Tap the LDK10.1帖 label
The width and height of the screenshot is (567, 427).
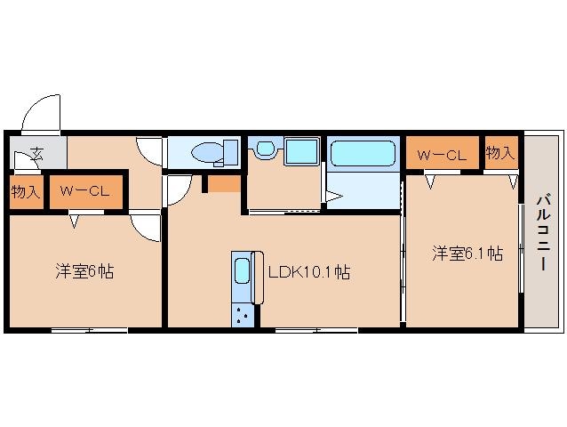pos(308,272)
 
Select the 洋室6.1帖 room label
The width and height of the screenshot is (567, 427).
pos(467,254)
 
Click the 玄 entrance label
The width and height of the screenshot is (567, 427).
pos(36,153)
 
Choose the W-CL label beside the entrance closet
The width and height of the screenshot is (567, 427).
pos(85,189)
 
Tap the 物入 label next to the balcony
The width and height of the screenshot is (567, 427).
pos(500,153)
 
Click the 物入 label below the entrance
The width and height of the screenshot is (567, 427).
pos(26,190)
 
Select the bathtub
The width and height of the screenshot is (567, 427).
pos(363,154)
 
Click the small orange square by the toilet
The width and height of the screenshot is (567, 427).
pos(223,184)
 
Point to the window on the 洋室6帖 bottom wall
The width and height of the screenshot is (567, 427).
pos(88,330)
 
